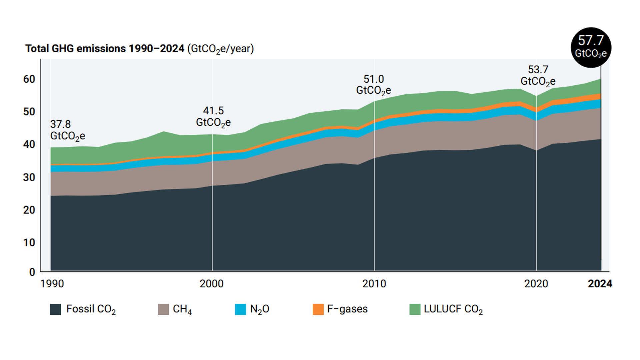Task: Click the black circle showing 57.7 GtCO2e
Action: tap(591, 47)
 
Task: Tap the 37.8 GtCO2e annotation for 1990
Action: tap(67, 130)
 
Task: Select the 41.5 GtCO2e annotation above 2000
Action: tap(213, 116)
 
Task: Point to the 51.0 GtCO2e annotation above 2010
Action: tap(373, 85)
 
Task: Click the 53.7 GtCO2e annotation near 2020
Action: tap(538, 75)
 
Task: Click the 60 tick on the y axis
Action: tap(29, 79)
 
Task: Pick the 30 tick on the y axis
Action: tap(29, 177)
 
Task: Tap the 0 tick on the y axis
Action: tap(32, 272)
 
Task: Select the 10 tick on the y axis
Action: tap(29, 243)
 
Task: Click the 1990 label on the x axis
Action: tap(52, 284)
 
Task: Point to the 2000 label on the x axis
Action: tap(212, 284)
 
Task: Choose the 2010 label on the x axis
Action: tap(374, 284)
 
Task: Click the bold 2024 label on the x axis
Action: tap(600, 284)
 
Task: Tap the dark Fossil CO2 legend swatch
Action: tap(55, 309)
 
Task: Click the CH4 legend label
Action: tap(182, 309)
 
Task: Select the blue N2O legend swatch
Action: tap(240, 309)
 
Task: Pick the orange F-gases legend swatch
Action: tap(318, 309)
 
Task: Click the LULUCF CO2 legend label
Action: tap(453, 309)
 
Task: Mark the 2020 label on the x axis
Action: tap(536, 284)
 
